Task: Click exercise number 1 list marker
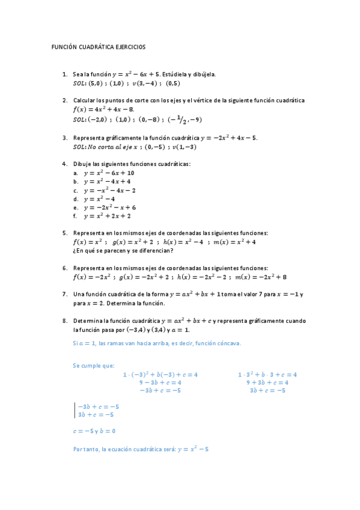65,74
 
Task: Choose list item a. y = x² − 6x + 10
109,173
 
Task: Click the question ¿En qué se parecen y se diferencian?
123,251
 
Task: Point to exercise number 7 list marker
65,294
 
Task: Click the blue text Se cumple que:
93,365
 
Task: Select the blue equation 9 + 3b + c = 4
267,382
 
